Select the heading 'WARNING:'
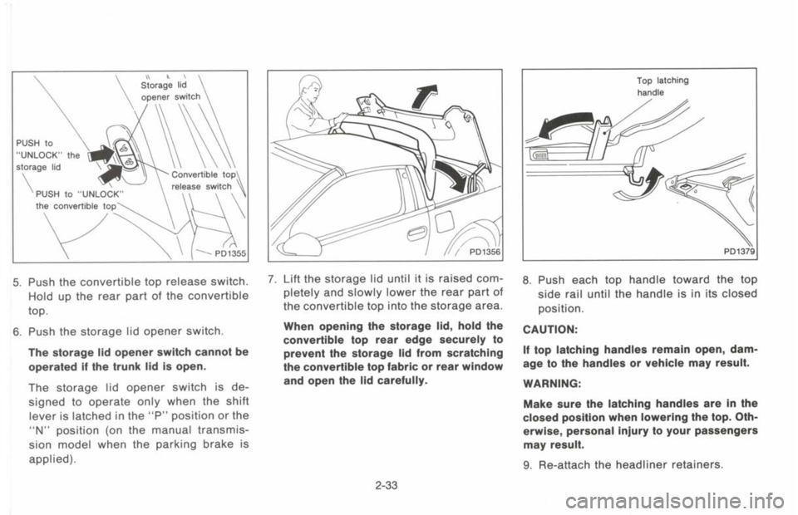(551, 385)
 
